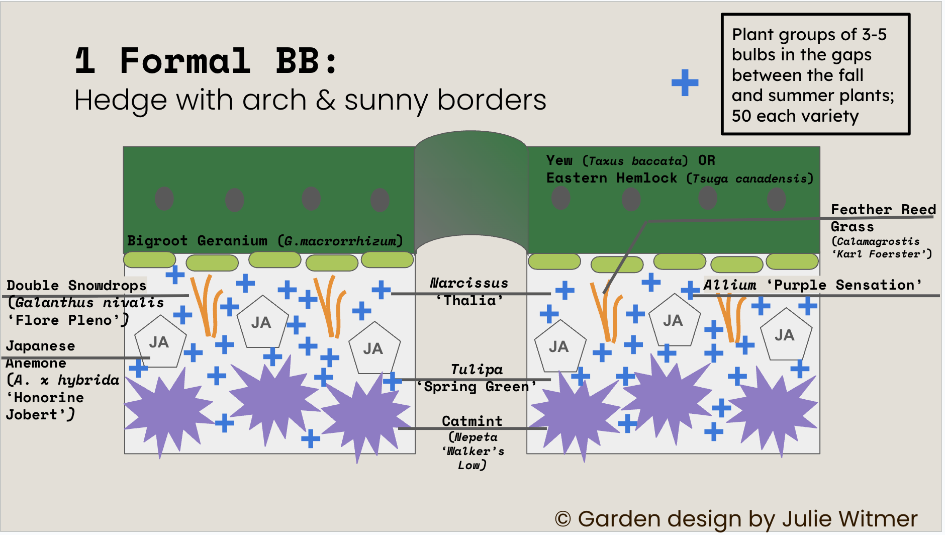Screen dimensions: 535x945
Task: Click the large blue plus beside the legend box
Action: (x=685, y=82)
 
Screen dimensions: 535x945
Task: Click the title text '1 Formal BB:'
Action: (x=206, y=61)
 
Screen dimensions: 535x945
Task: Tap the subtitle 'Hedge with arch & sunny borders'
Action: (x=310, y=100)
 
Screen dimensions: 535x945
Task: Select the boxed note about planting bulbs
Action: (x=815, y=74)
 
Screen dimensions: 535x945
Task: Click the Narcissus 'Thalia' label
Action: (x=469, y=292)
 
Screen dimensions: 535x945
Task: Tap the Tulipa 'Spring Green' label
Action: (x=477, y=378)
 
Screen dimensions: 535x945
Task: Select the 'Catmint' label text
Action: (x=472, y=421)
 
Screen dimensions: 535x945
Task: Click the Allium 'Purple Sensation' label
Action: (x=812, y=285)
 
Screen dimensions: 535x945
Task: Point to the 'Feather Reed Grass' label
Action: (x=883, y=217)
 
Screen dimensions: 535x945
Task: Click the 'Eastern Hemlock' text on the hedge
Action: (x=611, y=178)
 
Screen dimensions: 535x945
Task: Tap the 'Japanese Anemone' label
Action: (x=40, y=354)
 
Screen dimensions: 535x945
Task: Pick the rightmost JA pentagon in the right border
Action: (x=785, y=335)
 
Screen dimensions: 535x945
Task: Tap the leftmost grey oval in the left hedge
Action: (x=164, y=199)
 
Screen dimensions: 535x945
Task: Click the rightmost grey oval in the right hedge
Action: (x=776, y=200)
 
